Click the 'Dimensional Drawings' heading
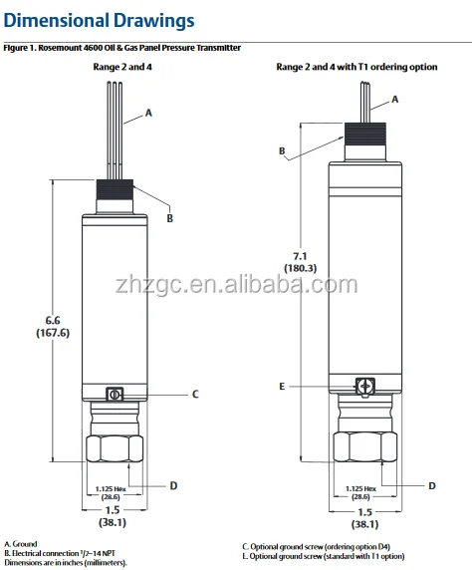(x=99, y=20)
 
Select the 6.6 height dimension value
(x=53, y=321)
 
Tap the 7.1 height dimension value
(x=300, y=256)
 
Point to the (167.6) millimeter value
(x=53, y=333)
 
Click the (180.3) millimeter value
(x=300, y=268)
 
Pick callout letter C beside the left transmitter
(x=195, y=394)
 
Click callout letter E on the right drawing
(x=282, y=387)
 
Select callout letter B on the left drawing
(x=169, y=218)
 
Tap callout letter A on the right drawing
(x=395, y=100)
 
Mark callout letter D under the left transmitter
(x=173, y=485)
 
